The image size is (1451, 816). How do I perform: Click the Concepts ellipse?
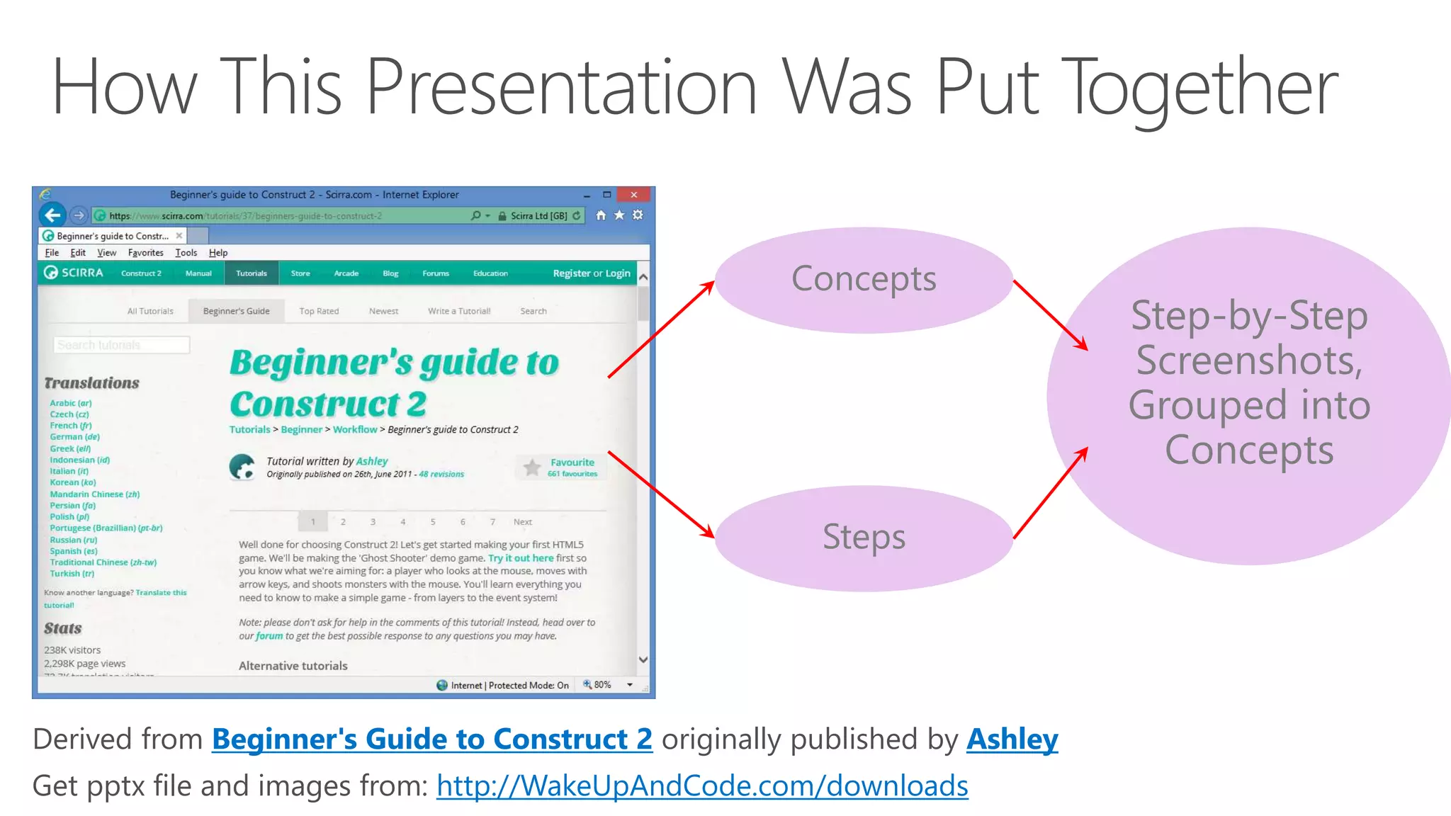click(863, 280)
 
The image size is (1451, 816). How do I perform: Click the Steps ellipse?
click(863, 538)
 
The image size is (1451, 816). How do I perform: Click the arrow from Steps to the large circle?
click(1050, 494)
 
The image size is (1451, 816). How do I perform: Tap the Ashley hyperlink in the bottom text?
click(1012, 739)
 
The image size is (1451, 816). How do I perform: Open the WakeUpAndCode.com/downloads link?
click(701, 786)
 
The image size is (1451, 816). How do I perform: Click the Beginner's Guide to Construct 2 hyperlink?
click(431, 739)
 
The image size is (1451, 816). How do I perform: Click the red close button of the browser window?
click(634, 195)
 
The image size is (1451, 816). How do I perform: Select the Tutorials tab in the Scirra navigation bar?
click(252, 273)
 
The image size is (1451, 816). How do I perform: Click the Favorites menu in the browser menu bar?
click(145, 253)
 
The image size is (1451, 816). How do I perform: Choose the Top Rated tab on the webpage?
click(319, 311)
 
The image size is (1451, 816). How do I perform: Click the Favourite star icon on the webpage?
click(532, 467)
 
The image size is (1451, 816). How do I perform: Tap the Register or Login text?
click(591, 273)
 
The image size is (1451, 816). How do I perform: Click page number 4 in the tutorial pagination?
click(402, 522)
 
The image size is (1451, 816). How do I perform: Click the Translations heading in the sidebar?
click(91, 383)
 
